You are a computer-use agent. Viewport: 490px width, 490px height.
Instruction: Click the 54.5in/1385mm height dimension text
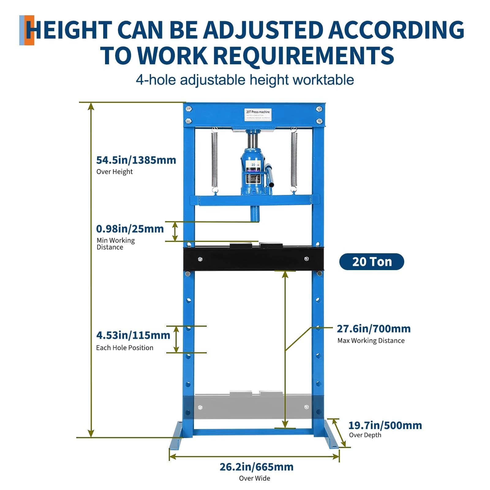click(136, 160)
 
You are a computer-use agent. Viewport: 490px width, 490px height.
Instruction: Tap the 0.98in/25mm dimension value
click(130, 229)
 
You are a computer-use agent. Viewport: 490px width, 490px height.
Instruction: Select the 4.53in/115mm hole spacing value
click(133, 335)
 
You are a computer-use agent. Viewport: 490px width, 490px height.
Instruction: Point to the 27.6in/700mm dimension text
click(374, 329)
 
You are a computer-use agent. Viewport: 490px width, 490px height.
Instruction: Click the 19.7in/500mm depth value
click(385, 425)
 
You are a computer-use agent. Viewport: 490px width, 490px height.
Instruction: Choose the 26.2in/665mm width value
click(256, 467)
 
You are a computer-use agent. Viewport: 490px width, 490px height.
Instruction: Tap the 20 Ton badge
click(371, 262)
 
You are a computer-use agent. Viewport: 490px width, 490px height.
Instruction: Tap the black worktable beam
click(253, 259)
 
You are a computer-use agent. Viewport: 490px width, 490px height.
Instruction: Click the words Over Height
click(115, 172)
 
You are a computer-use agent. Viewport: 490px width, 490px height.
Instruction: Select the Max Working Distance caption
click(371, 341)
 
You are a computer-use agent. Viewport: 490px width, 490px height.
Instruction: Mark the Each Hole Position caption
click(125, 348)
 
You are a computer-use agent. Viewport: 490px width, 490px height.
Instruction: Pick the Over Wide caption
click(254, 478)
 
